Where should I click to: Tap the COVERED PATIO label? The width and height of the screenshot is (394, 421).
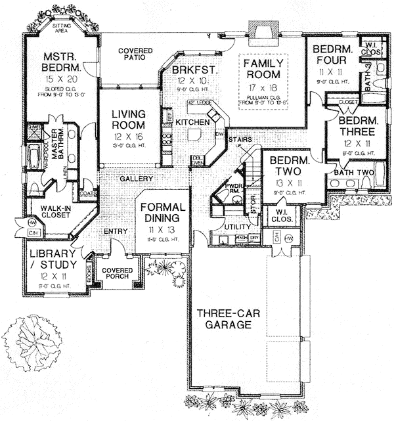coord(136,55)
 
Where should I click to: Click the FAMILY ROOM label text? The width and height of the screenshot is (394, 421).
coord(263,69)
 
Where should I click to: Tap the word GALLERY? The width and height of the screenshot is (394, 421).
coord(137,179)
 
